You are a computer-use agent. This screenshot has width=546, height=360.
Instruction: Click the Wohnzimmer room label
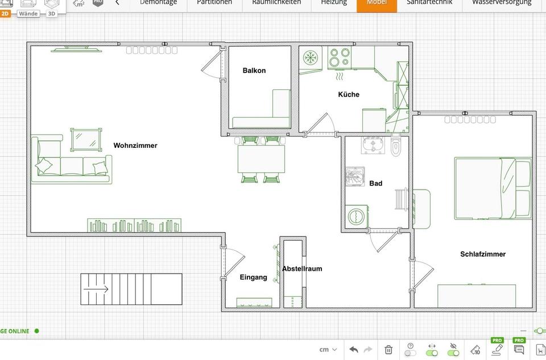tap(135, 146)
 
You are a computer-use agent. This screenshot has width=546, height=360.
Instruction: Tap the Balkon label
tap(254, 71)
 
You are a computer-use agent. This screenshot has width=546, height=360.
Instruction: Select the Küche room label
tap(349, 94)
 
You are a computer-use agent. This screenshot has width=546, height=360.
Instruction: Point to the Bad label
tap(375, 183)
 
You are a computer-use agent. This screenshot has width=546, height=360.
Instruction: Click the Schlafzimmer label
tap(482, 254)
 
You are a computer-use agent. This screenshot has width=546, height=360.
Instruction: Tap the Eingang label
tap(253, 278)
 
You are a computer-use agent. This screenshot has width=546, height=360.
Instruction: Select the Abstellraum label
tap(302, 268)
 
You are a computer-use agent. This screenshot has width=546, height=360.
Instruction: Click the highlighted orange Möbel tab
tap(377, 3)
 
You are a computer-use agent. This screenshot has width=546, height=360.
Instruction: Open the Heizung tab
tap(333, 3)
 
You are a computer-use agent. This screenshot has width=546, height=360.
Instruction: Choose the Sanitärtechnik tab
tap(429, 3)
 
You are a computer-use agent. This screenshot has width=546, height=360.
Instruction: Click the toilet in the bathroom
tap(396, 146)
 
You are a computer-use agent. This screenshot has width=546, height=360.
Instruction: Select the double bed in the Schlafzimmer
tap(493, 188)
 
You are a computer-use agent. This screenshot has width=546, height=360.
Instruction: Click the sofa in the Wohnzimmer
tap(71, 162)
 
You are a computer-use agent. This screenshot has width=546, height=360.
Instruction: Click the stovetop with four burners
tap(340, 57)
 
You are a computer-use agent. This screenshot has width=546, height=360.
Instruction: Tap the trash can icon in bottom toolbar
tap(388, 349)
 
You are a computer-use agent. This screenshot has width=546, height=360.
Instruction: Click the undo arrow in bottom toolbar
tap(353, 349)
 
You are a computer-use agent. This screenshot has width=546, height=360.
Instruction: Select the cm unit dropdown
tap(328, 349)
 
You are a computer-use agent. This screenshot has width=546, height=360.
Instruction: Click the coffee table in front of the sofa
tap(85, 139)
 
